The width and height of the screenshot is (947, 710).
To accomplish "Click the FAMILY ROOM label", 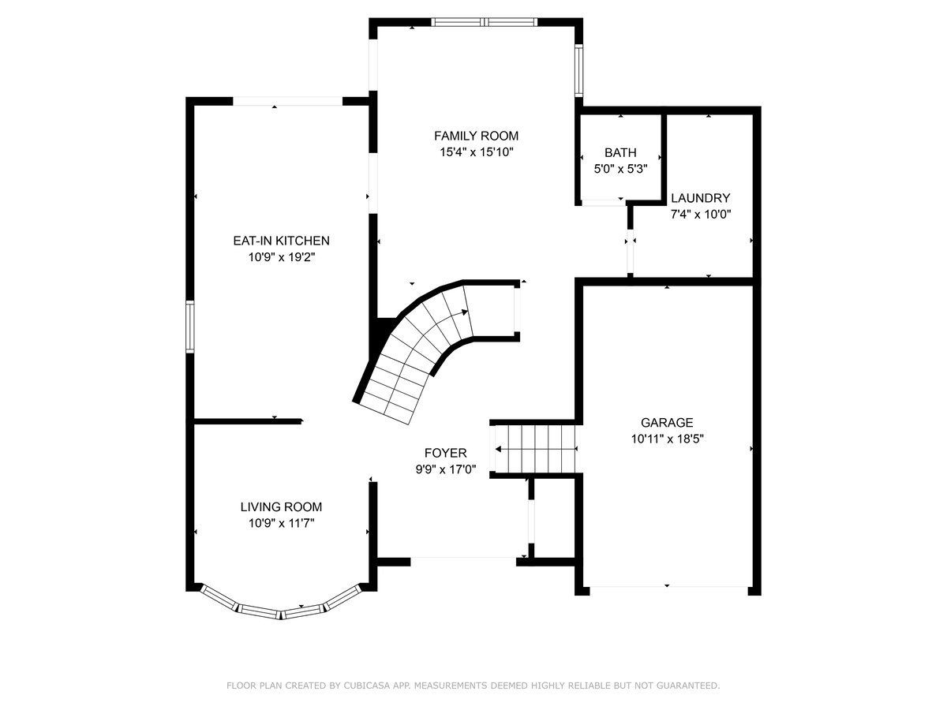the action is click(x=476, y=136).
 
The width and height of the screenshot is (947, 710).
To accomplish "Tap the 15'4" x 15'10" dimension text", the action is click(x=477, y=152).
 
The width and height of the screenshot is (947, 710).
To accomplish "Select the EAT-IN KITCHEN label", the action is click(x=281, y=241).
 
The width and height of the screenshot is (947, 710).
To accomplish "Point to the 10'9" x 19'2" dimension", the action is click(x=282, y=257).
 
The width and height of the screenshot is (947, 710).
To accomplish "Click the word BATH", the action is click(x=620, y=152).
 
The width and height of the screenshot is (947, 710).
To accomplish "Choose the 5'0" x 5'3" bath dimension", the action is click(x=621, y=169).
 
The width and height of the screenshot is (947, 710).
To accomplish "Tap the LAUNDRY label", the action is click(x=701, y=198).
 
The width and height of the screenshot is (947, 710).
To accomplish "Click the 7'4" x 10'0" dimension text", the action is click(x=701, y=215).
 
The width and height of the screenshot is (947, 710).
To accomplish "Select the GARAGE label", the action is click(x=667, y=423).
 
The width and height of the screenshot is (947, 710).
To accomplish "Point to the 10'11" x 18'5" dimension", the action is click(x=668, y=439).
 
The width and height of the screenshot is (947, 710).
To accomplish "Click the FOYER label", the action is click(x=446, y=453).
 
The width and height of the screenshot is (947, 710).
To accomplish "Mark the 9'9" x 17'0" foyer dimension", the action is click(x=446, y=469).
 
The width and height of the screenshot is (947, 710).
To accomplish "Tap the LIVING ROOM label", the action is click(x=281, y=506).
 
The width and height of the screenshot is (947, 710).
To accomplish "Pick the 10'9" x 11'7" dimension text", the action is click(x=281, y=523).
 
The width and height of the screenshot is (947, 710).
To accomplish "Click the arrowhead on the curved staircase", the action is click(x=465, y=312).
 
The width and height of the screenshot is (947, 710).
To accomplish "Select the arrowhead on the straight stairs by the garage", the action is click(x=498, y=449).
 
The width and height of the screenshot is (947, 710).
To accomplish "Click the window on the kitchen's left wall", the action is click(x=190, y=327).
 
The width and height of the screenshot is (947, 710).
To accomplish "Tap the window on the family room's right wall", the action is click(x=579, y=70).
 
